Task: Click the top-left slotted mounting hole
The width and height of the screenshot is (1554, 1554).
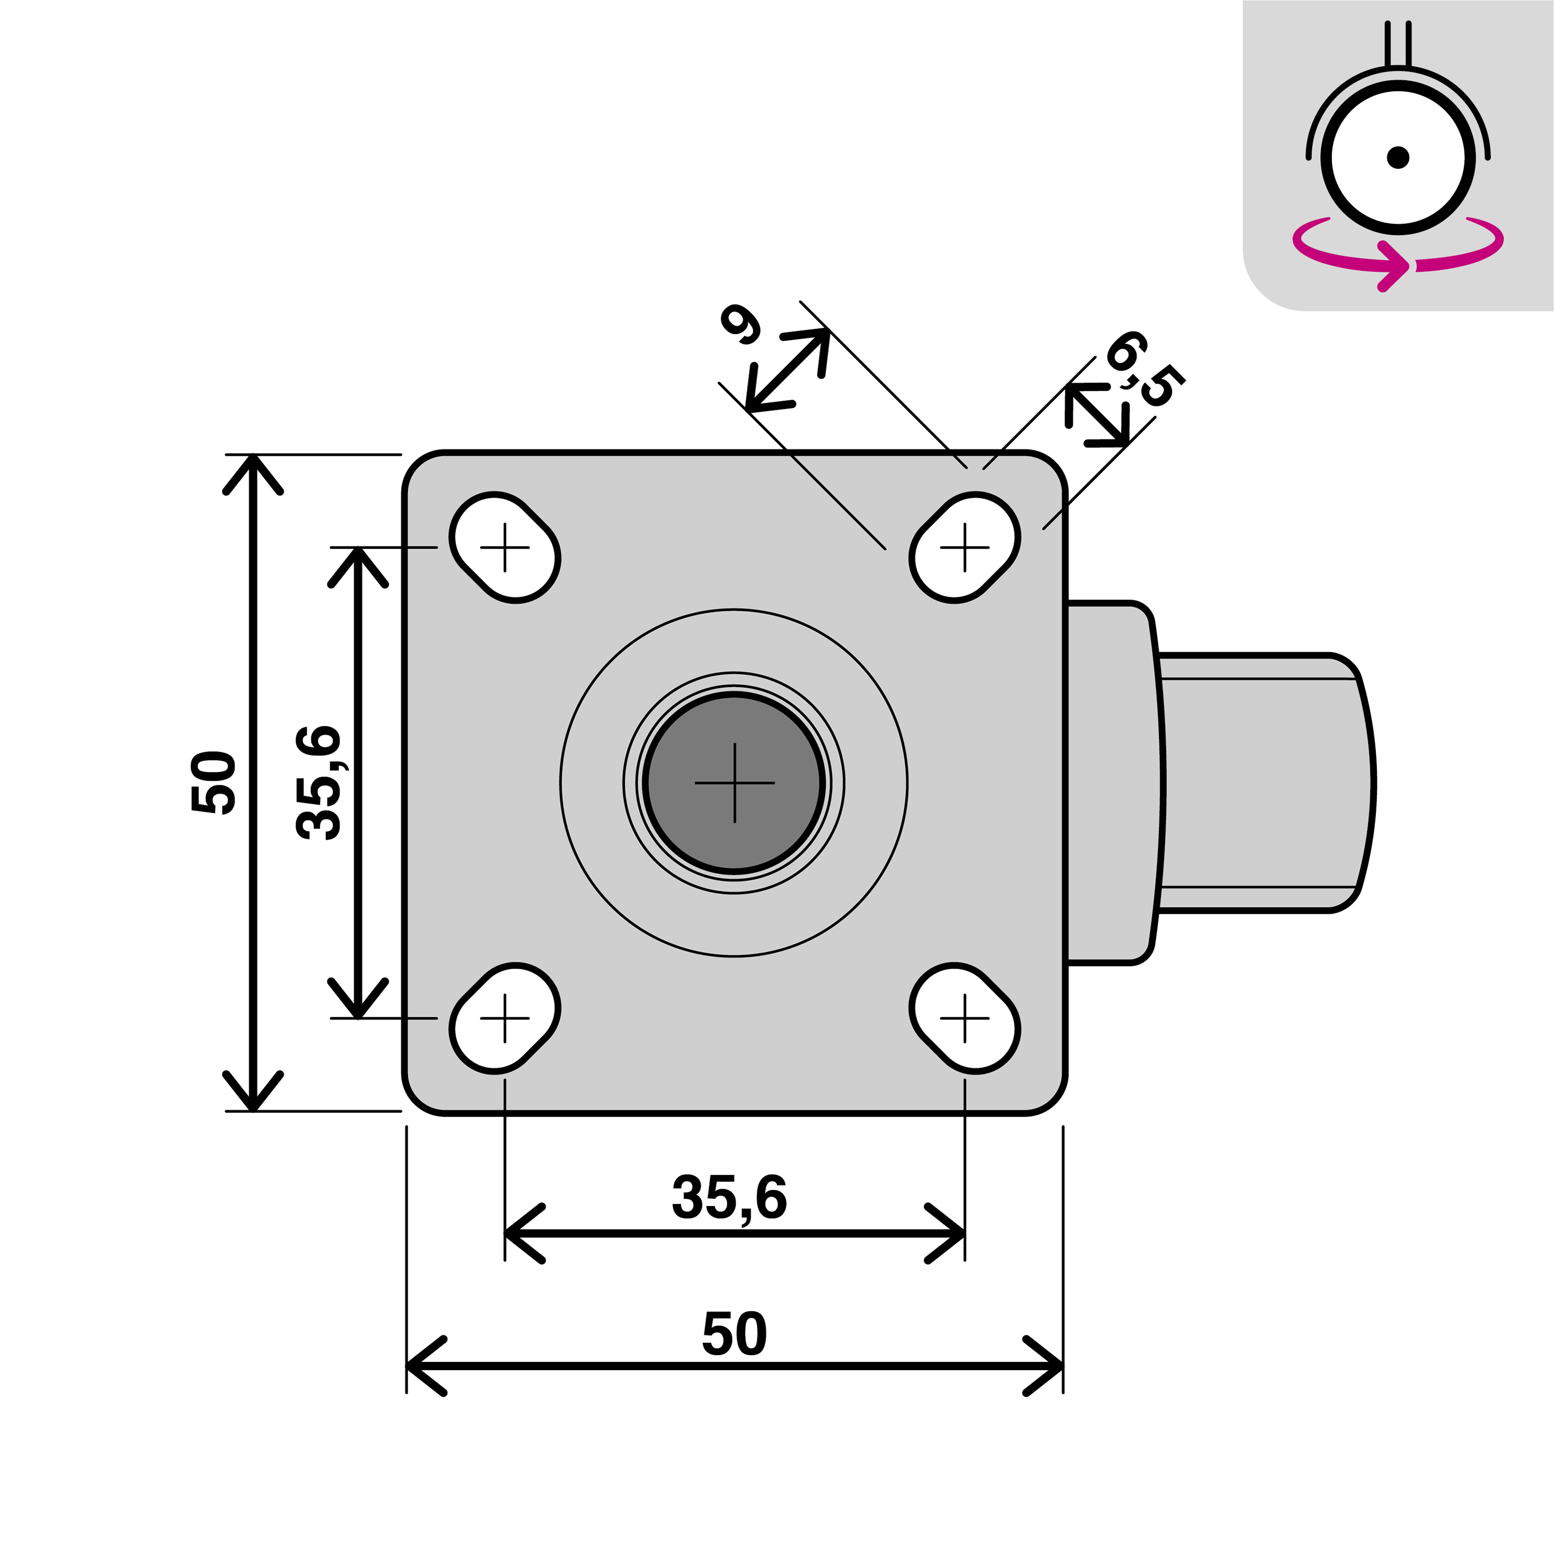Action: [x=505, y=548]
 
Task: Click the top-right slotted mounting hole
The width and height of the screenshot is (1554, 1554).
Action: [x=965, y=548]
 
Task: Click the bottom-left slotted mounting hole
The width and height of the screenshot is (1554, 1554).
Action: [x=505, y=1018]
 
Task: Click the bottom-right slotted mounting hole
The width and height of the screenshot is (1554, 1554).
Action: [x=965, y=1018]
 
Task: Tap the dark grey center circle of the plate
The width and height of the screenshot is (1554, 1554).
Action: [x=733, y=783]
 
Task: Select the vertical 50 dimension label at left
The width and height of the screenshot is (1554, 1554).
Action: [x=214, y=783]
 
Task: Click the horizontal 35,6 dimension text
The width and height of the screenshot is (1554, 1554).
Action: [x=729, y=1198]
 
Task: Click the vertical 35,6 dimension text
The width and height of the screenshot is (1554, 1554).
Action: [x=319, y=783]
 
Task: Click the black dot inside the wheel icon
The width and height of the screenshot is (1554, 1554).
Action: [x=1398, y=157]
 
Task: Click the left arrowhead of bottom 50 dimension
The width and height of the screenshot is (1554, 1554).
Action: [x=422, y=1366]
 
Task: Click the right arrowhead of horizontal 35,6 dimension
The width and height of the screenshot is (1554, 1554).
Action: [x=949, y=1233]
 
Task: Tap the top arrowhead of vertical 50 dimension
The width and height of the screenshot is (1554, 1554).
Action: [x=253, y=470]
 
